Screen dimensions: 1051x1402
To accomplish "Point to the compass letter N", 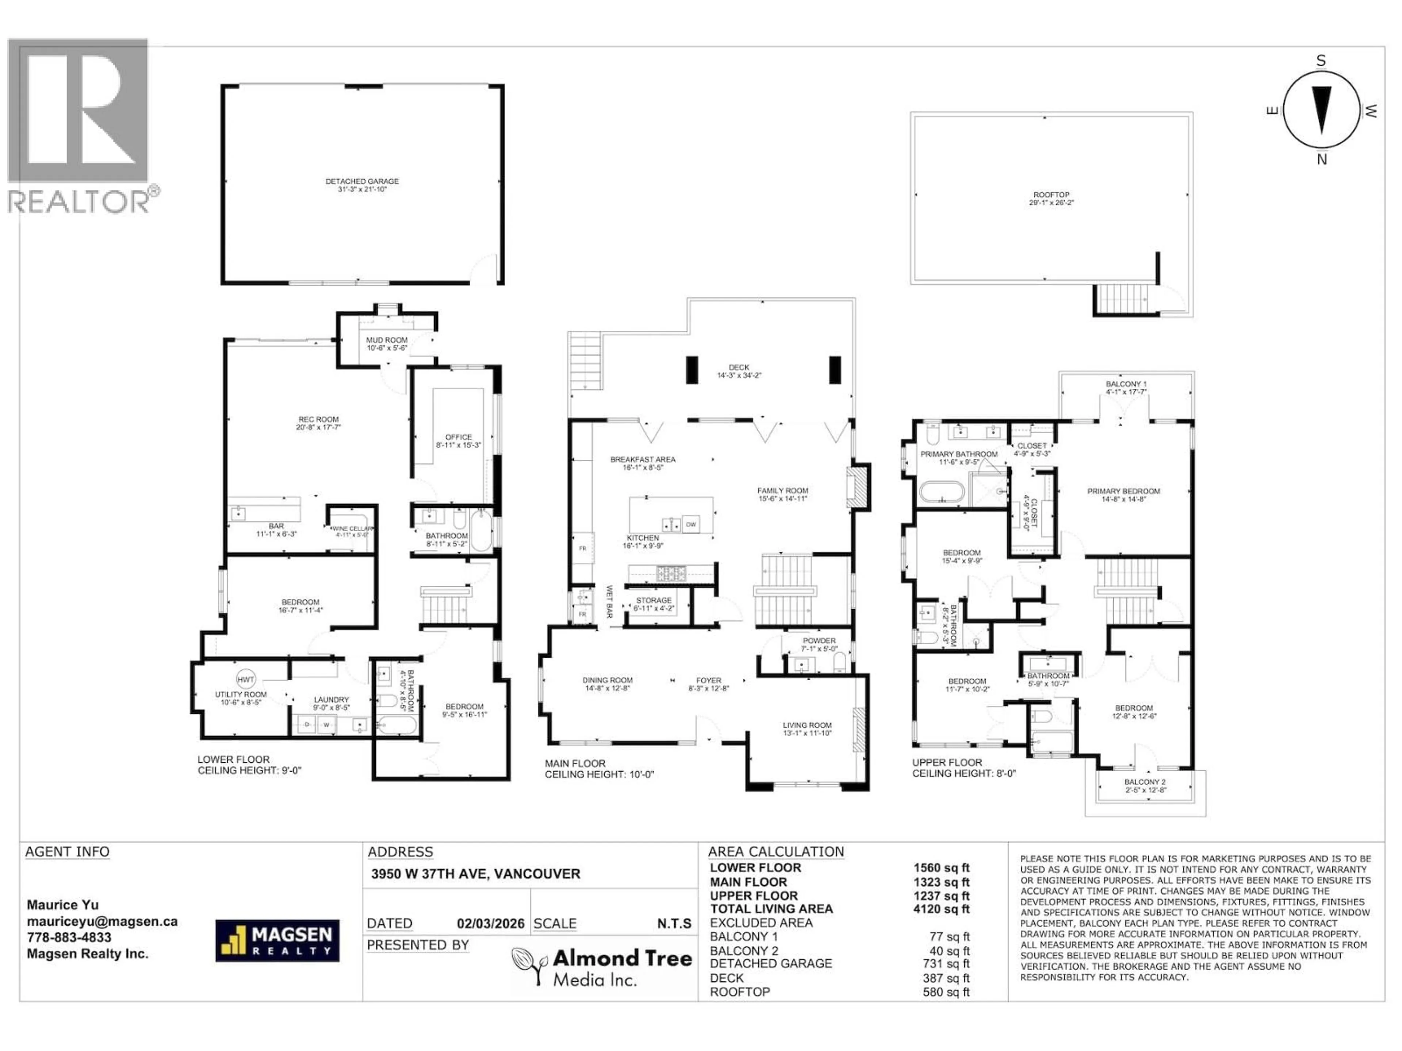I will pyautogui.click(x=1322, y=159).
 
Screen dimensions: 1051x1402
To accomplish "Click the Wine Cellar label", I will pyautogui.click(x=352, y=531).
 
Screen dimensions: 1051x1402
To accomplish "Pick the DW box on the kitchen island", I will pyautogui.click(x=691, y=524).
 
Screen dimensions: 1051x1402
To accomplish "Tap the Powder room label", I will pyautogui.click(x=819, y=644).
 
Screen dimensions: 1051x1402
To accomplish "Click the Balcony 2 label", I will pyautogui.click(x=1145, y=786).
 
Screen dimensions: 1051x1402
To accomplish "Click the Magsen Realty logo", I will pyautogui.click(x=277, y=940).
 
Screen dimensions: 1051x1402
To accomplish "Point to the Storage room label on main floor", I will pyautogui.click(x=654, y=604).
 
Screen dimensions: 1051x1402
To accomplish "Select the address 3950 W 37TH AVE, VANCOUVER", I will pyautogui.click(x=475, y=874).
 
